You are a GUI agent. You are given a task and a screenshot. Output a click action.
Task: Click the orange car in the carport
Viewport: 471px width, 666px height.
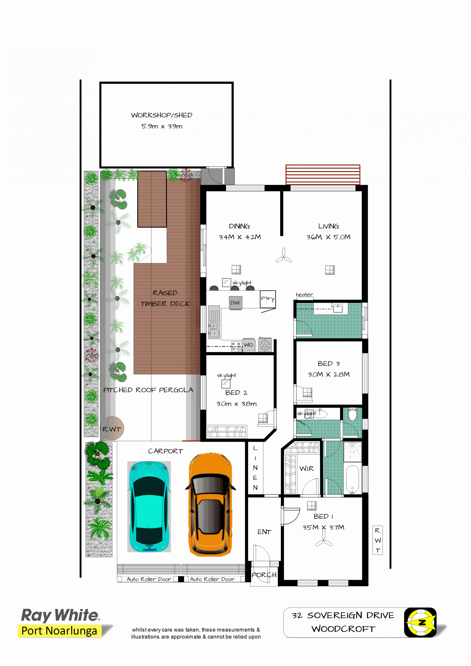point(210,505)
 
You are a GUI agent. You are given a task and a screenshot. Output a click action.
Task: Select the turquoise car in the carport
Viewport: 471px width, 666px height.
point(149,506)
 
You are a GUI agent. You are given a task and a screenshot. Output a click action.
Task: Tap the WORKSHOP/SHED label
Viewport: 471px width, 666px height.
point(162,115)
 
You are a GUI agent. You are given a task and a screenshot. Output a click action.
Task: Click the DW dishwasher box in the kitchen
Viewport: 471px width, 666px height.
point(235,303)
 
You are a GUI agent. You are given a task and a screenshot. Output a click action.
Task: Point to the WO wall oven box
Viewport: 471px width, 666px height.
point(249,345)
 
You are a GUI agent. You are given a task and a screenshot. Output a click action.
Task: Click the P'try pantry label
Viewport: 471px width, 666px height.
point(267,298)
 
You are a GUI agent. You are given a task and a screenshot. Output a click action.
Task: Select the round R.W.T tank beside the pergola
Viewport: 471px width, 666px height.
point(112,428)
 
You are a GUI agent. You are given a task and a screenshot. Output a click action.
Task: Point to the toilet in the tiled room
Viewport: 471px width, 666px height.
point(352,414)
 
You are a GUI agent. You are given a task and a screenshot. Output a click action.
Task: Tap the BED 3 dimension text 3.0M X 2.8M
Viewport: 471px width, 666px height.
point(329,374)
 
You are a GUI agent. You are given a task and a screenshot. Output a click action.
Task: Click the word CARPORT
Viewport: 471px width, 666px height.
point(165,451)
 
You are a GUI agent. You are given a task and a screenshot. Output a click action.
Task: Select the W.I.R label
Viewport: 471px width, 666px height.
point(307,468)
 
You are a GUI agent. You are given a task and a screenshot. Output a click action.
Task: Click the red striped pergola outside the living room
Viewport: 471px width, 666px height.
point(323,175)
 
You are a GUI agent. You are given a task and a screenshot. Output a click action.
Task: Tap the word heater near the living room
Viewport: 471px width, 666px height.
point(304,294)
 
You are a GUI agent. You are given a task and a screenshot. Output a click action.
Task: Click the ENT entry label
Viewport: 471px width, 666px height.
point(264,532)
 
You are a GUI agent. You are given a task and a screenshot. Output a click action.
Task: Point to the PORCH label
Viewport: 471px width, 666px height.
point(264,575)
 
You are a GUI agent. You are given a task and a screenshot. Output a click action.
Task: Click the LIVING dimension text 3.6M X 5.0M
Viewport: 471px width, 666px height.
point(329,237)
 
